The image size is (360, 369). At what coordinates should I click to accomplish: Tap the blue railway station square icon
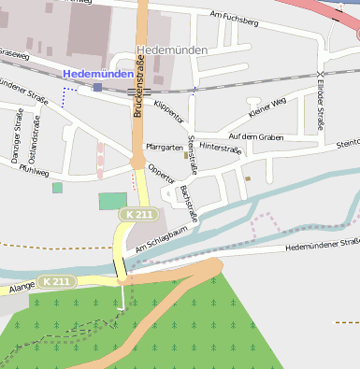click(x=97, y=87)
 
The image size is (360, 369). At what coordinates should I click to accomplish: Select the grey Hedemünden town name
click(x=171, y=50)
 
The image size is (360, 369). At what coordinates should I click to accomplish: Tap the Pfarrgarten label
click(x=166, y=148)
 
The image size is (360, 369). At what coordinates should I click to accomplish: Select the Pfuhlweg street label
click(x=34, y=172)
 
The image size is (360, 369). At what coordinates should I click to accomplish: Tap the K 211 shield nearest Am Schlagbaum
click(x=137, y=215)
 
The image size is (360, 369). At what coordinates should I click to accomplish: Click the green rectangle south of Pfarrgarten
click(x=112, y=201)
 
